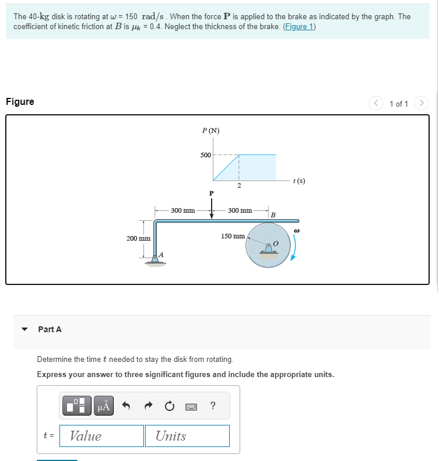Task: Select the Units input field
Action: [x=191, y=436]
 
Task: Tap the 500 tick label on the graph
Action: [x=205, y=155]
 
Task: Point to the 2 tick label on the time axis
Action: [x=239, y=186]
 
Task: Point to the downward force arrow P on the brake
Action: [x=212, y=209]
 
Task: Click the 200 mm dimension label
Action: [x=138, y=238]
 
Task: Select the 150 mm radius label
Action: [x=233, y=236]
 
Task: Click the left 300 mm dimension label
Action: [x=183, y=210]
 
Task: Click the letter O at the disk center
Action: [x=276, y=242]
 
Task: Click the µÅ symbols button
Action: [x=103, y=406]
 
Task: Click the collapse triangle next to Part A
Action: [x=24, y=329]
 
